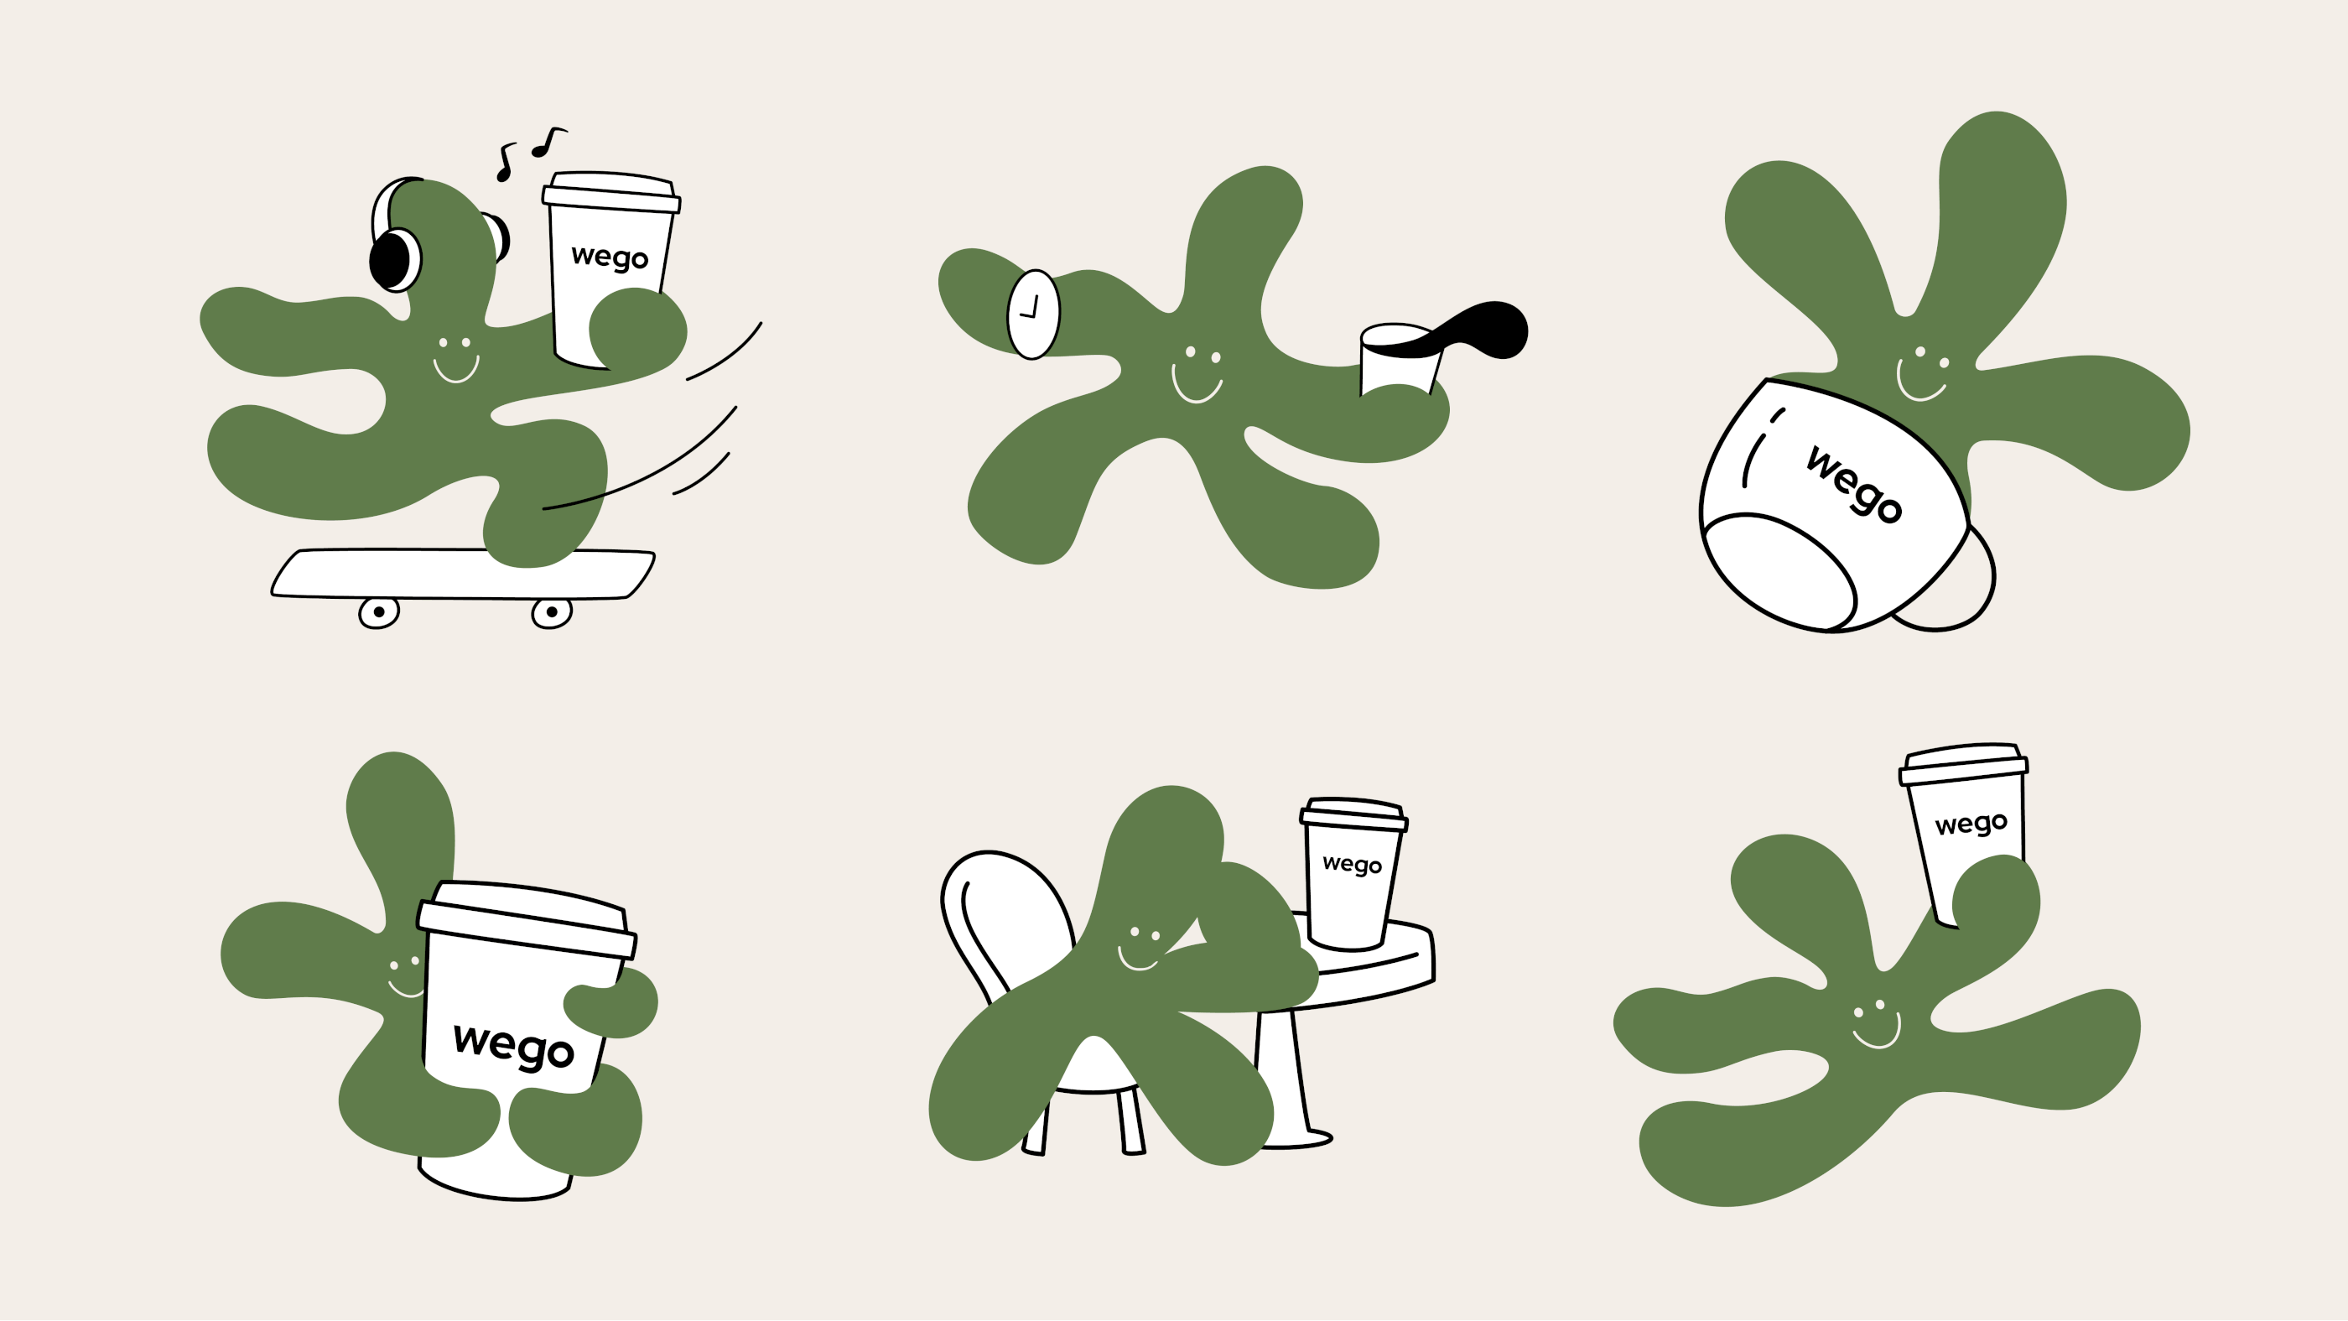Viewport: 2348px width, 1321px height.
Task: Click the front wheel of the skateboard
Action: tap(552, 612)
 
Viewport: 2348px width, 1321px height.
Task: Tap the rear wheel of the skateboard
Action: tap(378, 612)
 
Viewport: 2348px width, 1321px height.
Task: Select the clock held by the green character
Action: tap(1033, 314)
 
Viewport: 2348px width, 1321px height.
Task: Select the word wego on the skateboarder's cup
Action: tap(609, 257)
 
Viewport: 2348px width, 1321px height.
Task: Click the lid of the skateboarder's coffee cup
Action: tap(610, 191)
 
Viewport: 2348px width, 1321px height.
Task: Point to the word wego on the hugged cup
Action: tap(513, 1046)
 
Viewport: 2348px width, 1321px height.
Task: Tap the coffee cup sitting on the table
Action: tap(1353, 875)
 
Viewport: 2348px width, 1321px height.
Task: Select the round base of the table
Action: tap(1294, 1138)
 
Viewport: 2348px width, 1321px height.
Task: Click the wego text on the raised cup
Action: tap(1971, 824)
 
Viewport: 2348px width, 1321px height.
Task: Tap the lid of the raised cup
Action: tap(1963, 764)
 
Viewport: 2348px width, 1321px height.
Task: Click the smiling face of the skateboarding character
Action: tap(455, 360)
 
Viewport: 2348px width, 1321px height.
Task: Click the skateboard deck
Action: tap(463, 575)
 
